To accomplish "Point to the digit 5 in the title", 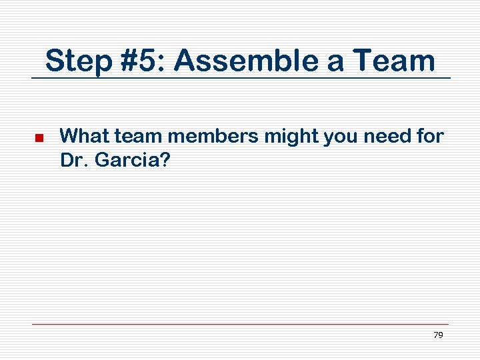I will tap(153, 61).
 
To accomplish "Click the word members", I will tap(213, 137).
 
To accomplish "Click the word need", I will tap(384, 137).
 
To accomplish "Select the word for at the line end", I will tap(429, 137).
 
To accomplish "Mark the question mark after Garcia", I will tap(164, 160).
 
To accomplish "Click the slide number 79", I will tap(438, 335).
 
